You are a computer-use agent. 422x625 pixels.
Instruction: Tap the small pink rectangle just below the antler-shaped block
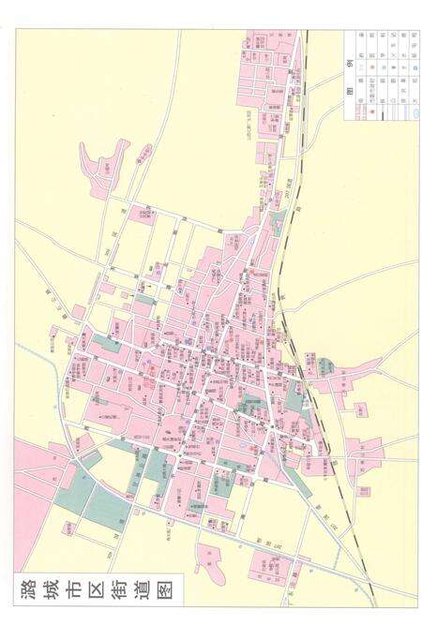coord(141,215)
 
